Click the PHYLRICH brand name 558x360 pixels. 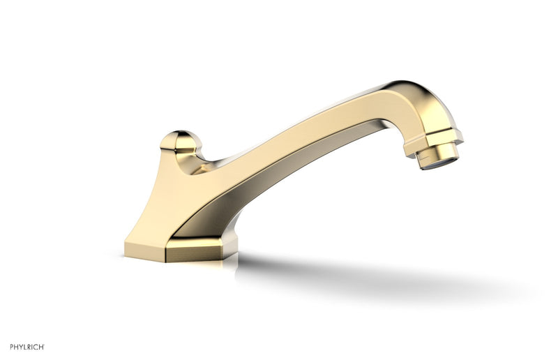27,347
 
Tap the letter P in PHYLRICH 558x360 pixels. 11,347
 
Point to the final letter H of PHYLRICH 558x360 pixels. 43,347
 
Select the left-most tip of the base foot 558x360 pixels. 126,248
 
